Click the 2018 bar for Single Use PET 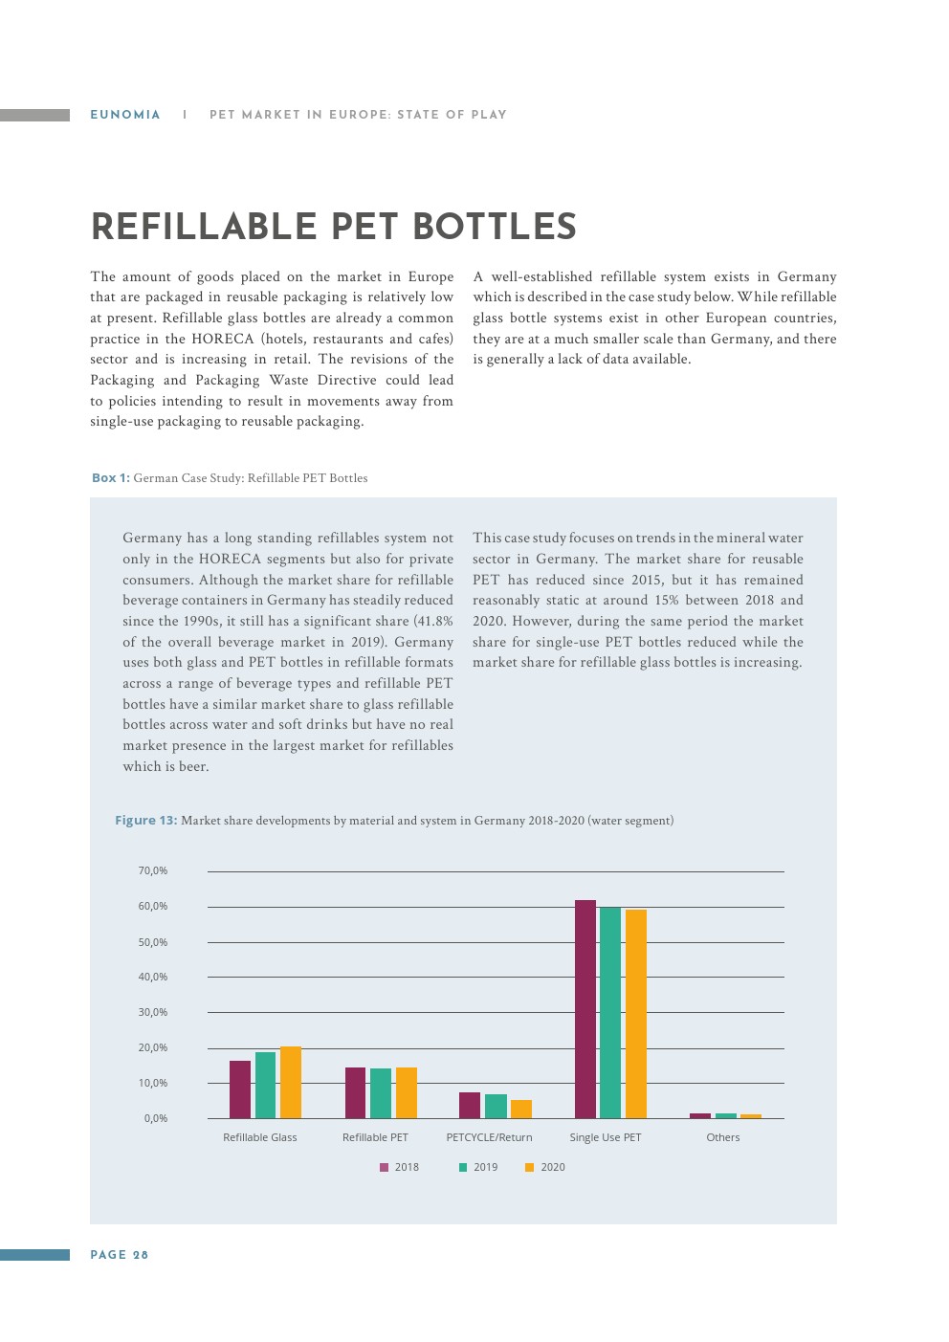(585, 1009)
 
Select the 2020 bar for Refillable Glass (291, 1082)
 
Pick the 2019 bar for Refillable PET (381, 1093)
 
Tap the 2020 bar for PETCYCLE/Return (521, 1109)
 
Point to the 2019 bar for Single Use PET (610, 1012)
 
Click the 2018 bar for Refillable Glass (240, 1089)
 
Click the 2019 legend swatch (463, 1167)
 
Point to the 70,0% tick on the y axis (153, 870)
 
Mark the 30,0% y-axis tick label (153, 1012)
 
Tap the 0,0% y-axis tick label (156, 1118)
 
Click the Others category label (723, 1137)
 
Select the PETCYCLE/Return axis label (489, 1137)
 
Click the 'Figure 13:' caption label (145, 820)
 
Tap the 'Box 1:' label (110, 477)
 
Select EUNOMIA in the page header (125, 115)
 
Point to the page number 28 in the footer (141, 1255)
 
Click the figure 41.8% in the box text (432, 621)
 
